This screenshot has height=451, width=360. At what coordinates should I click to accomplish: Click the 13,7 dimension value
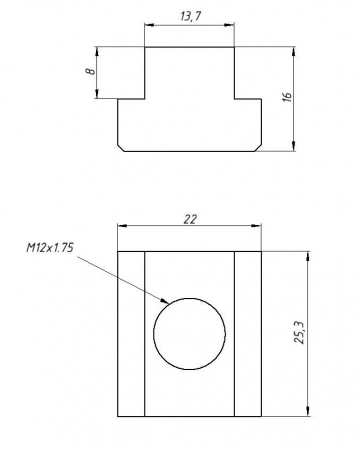[190, 17]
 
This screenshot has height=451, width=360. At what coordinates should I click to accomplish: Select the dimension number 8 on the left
[89, 72]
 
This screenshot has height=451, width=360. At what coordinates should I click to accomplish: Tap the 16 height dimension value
[286, 98]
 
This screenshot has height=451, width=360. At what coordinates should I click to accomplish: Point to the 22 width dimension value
[190, 219]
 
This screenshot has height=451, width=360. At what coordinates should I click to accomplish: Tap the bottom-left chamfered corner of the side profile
[121, 148]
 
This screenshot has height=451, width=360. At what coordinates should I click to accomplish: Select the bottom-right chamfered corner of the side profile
[260, 148]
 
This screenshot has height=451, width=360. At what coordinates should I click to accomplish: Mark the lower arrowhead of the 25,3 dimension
[308, 413]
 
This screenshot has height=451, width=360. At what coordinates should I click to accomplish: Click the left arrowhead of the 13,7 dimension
[148, 26]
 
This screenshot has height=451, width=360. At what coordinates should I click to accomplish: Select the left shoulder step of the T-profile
[132, 97]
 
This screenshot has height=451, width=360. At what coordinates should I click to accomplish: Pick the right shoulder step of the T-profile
[249, 97]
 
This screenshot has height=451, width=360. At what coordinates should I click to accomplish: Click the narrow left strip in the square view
[131, 334]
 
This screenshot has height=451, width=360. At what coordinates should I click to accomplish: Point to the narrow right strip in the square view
[249, 334]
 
